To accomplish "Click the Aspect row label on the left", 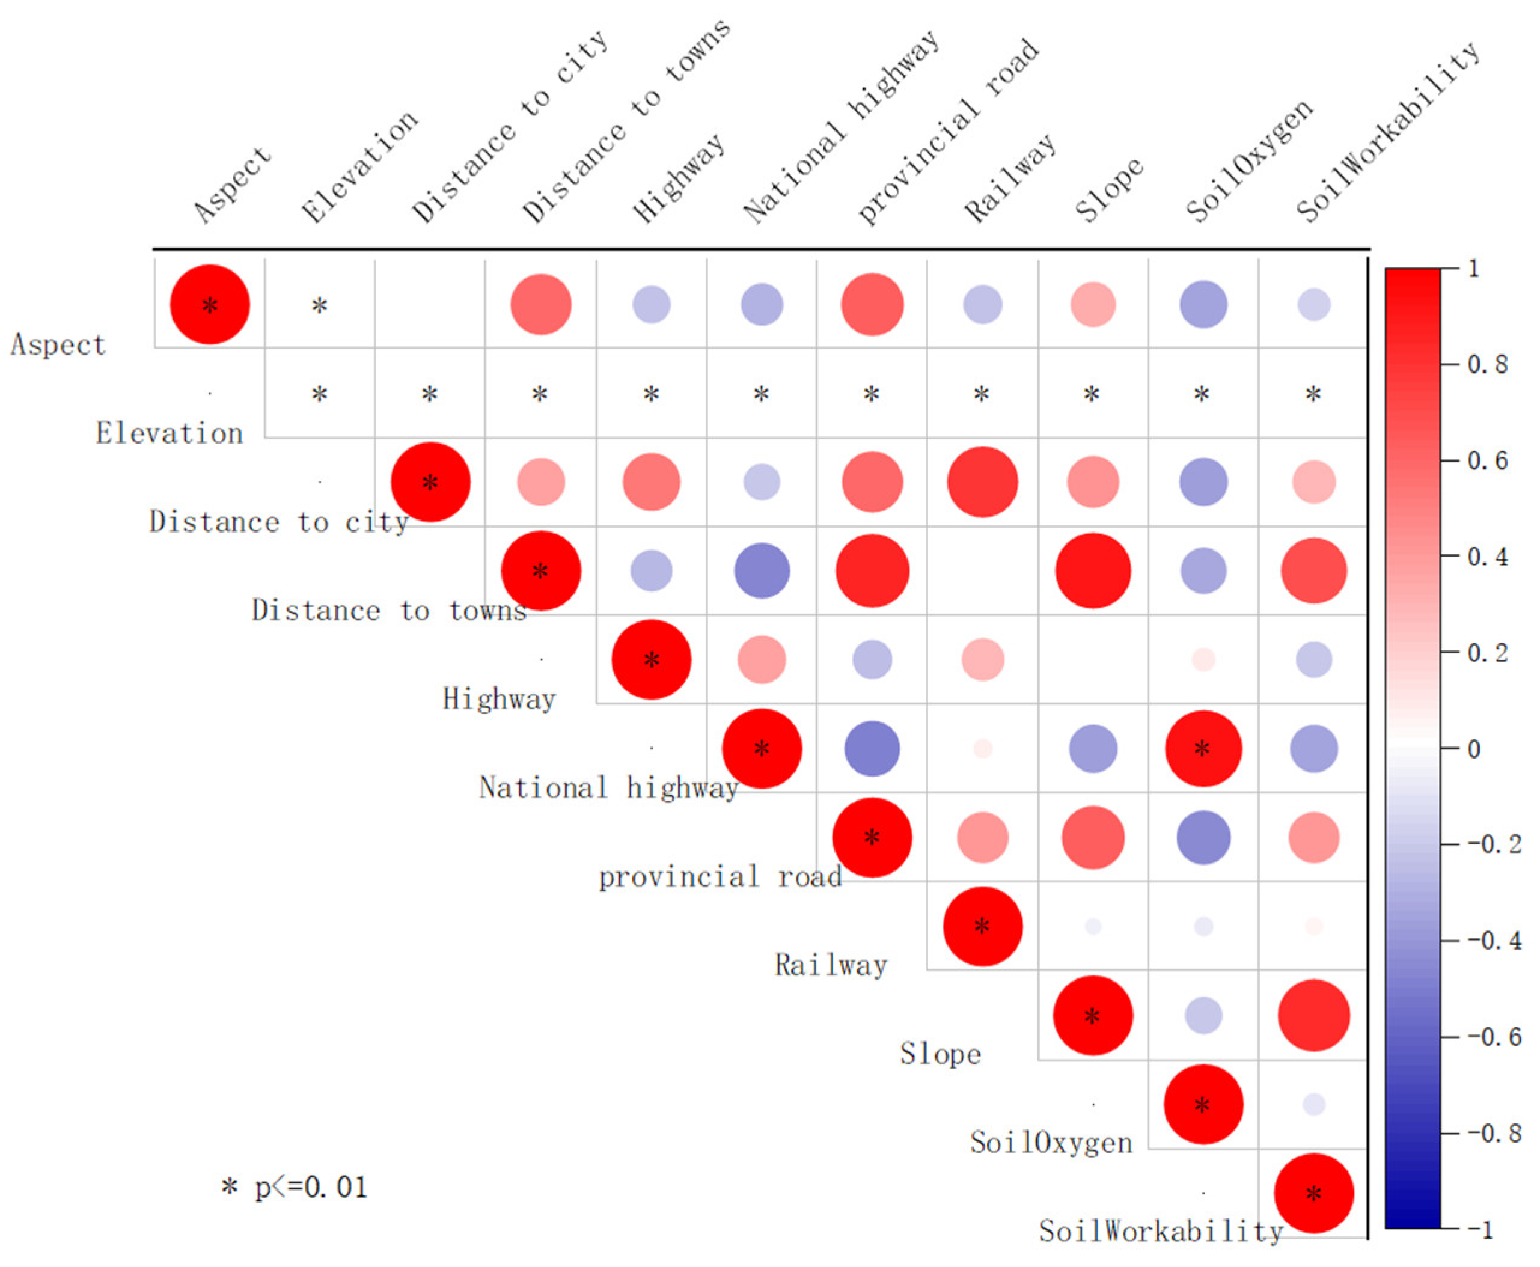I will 58,344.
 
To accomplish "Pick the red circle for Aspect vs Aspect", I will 209,304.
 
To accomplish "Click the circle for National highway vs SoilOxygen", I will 1203,749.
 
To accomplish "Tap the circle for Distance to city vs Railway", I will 982,481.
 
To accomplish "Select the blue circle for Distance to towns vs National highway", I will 761,571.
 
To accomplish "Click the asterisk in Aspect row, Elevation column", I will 319,305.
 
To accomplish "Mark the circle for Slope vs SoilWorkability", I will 1313,1015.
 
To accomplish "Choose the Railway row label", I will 831,965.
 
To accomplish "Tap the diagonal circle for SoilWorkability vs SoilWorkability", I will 1313,1193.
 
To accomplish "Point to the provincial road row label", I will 720,876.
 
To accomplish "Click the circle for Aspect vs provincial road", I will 872,304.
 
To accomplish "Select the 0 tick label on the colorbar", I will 1474,750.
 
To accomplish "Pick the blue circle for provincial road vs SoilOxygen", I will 1203,837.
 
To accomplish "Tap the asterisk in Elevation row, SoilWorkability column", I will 1313,395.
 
